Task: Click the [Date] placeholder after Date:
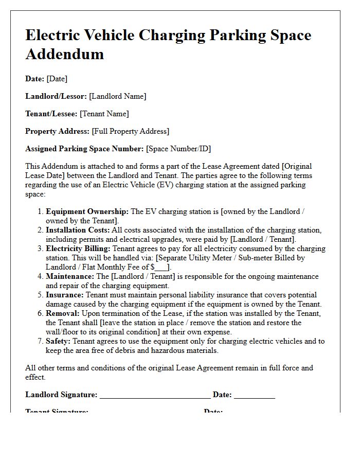point(57,79)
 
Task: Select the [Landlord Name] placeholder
point(118,96)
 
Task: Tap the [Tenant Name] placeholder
point(104,114)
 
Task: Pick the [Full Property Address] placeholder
point(131,131)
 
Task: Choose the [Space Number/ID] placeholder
point(178,149)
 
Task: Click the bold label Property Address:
point(58,131)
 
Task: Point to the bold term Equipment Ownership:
point(87,211)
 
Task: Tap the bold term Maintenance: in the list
point(70,276)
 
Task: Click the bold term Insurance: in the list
point(65,295)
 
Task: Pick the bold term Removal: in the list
point(63,313)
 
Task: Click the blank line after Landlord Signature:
point(155,396)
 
